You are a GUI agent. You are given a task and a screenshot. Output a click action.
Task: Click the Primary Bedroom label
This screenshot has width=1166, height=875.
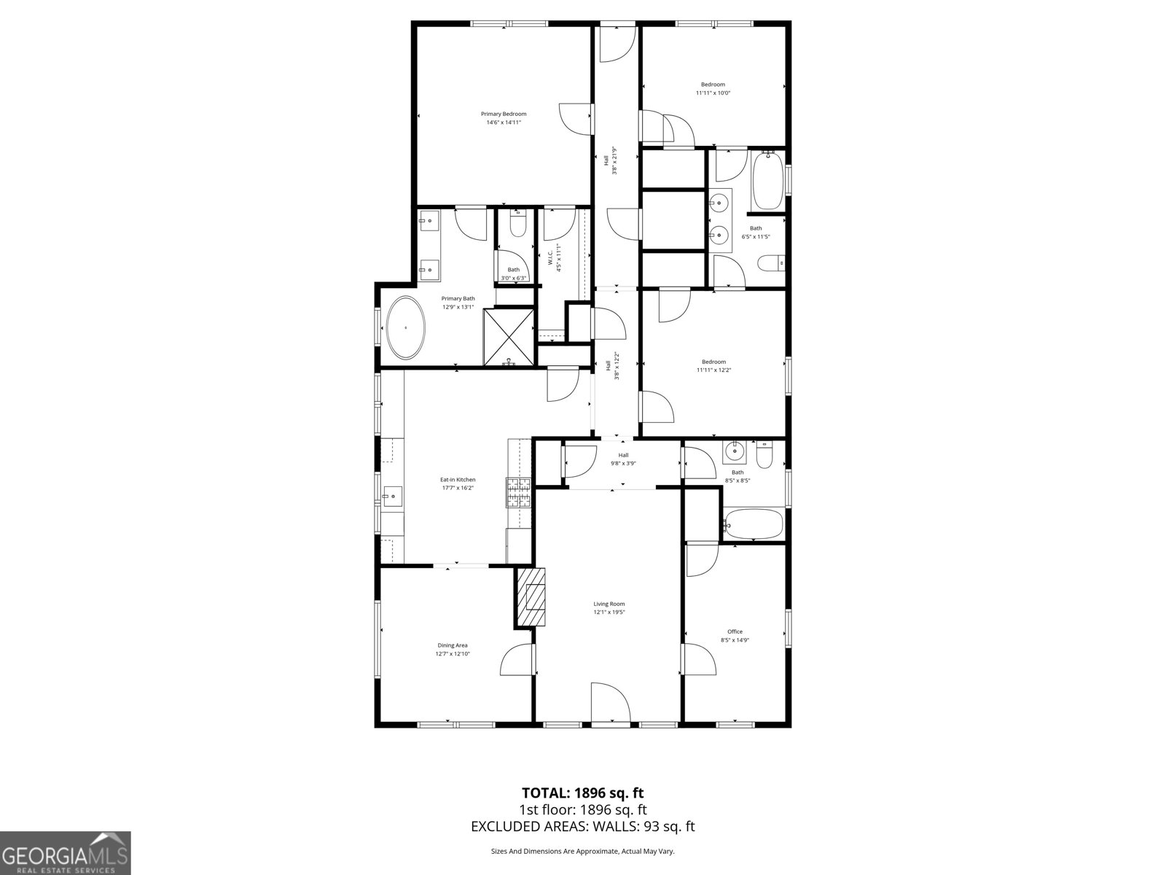[x=504, y=114]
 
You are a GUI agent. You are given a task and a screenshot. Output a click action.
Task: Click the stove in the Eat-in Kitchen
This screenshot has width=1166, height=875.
[x=520, y=492]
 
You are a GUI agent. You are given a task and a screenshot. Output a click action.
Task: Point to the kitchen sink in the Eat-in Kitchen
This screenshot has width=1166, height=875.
[x=392, y=497]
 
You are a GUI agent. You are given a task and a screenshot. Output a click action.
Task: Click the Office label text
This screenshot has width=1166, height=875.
[x=735, y=631]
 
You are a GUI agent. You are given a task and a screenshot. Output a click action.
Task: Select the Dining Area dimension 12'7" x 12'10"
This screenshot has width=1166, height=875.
[x=452, y=654]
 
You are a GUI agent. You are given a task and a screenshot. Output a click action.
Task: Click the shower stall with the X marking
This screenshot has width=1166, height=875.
[x=509, y=336]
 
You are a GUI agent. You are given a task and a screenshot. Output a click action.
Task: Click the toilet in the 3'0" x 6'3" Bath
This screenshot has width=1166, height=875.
[x=518, y=225]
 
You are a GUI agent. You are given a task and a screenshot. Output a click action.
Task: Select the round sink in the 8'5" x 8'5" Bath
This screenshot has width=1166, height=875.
[x=735, y=451]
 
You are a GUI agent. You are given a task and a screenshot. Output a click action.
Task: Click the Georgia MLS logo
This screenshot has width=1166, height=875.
[x=66, y=853]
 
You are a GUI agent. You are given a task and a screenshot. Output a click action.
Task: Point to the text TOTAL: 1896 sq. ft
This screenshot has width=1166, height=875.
[x=582, y=793]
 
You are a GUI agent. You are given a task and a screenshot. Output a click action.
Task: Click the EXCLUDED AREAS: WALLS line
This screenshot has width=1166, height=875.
[x=582, y=826]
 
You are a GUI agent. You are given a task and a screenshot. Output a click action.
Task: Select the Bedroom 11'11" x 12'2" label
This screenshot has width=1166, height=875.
[x=713, y=365]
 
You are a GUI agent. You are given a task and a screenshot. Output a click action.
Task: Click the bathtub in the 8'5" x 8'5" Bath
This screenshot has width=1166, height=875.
[x=754, y=524]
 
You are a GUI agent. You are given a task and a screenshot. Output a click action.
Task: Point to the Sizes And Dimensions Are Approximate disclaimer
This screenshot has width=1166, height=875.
[x=582, y=851]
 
